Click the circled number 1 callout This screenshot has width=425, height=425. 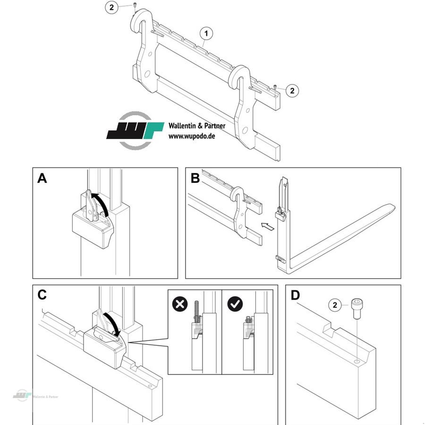(x=206, y=34)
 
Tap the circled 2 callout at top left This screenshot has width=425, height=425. (x=111, y=8)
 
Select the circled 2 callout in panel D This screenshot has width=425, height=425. (x=335, y=305)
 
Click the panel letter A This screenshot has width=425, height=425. (x=42, y=178)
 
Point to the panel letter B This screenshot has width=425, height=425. (x=195, y=178)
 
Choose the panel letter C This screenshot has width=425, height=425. (x=42, y=295)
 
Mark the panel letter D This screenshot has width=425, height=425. (x=295, y=295)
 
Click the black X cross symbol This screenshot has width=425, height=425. (x=180, y=305)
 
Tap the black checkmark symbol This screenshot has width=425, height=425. (x=235, y=305)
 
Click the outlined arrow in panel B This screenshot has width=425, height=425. (x=268, y=227)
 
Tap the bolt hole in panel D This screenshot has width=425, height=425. (x=357, y=362)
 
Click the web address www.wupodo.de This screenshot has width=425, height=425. (x=192, y=136)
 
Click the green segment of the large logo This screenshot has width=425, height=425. (x=151, y=130)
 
